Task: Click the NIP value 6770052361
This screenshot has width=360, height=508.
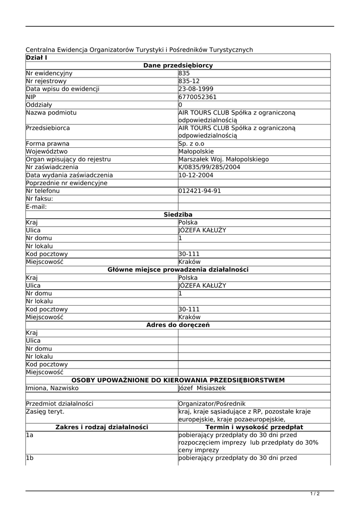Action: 198,97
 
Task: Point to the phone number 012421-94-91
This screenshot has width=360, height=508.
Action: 200,191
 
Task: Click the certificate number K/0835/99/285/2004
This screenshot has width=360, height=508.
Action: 209,167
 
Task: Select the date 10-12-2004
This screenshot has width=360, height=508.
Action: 196,175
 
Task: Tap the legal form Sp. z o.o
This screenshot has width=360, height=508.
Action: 191,143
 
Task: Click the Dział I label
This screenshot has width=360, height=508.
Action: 36,58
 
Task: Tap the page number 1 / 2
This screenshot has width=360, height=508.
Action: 315,494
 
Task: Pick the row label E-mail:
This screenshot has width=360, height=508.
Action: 37,206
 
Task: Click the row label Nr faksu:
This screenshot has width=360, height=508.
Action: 39,198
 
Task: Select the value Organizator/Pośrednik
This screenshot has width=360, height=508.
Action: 212,404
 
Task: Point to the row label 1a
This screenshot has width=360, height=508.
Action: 30,435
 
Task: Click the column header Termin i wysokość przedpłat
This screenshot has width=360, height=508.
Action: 254,427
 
